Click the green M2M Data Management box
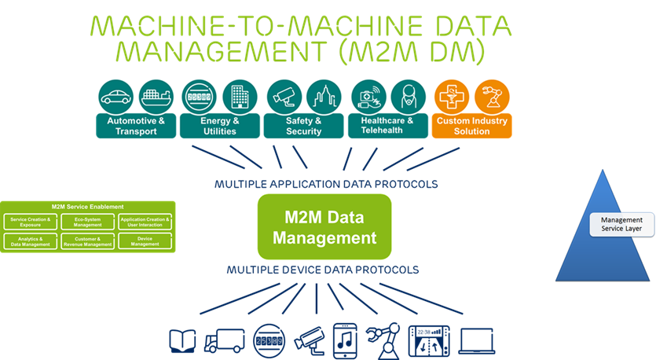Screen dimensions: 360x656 (324, 227)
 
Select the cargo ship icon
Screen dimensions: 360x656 (156, 97)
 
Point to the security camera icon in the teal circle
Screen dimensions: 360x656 (283, 97)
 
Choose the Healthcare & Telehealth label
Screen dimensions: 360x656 (387, 126)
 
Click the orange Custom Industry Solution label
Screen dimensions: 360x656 (471, 126)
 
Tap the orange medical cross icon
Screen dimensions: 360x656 (450, 97)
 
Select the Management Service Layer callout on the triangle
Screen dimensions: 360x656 (618, 224)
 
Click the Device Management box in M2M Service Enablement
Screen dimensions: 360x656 (145, 241)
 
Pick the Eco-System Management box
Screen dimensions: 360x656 (88, 222)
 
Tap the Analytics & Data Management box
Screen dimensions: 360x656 (31, 241)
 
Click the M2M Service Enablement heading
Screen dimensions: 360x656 (88, 206)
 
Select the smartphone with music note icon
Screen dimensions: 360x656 (345, 339)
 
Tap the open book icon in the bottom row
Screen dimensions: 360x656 (182, 340)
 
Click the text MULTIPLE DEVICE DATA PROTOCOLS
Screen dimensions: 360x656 (323, 270)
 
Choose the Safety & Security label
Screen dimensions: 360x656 (304, 126)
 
